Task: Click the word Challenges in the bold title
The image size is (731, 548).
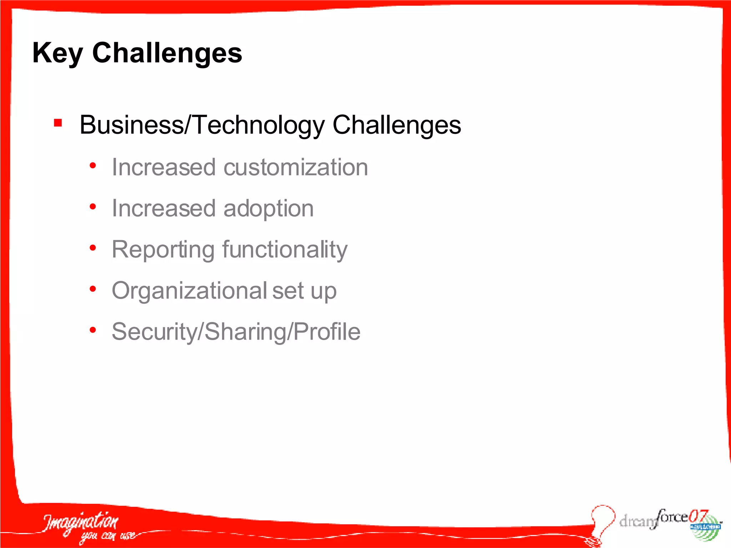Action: (167, 53)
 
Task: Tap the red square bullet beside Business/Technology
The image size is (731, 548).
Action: (58, 123)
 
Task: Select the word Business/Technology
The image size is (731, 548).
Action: (202, 125)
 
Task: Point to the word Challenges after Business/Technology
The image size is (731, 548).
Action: (397, 125)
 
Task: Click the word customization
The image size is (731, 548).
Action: (296, 167)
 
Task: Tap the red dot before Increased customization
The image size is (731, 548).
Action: (93, 166)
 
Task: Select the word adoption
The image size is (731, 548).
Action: (268, 208)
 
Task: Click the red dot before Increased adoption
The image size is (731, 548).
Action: (93, 207)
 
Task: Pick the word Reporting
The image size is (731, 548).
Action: (163, 250)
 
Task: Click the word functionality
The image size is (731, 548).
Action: (285, 249)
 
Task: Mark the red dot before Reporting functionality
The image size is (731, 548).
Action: (93, 248)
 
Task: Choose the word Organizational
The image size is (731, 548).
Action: (190, 291)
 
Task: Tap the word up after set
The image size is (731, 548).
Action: (323, 291)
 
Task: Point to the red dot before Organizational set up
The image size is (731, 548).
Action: (93, 289)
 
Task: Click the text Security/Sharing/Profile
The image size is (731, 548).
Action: (236, 332)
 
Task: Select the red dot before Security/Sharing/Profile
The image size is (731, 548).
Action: (93, 330)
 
